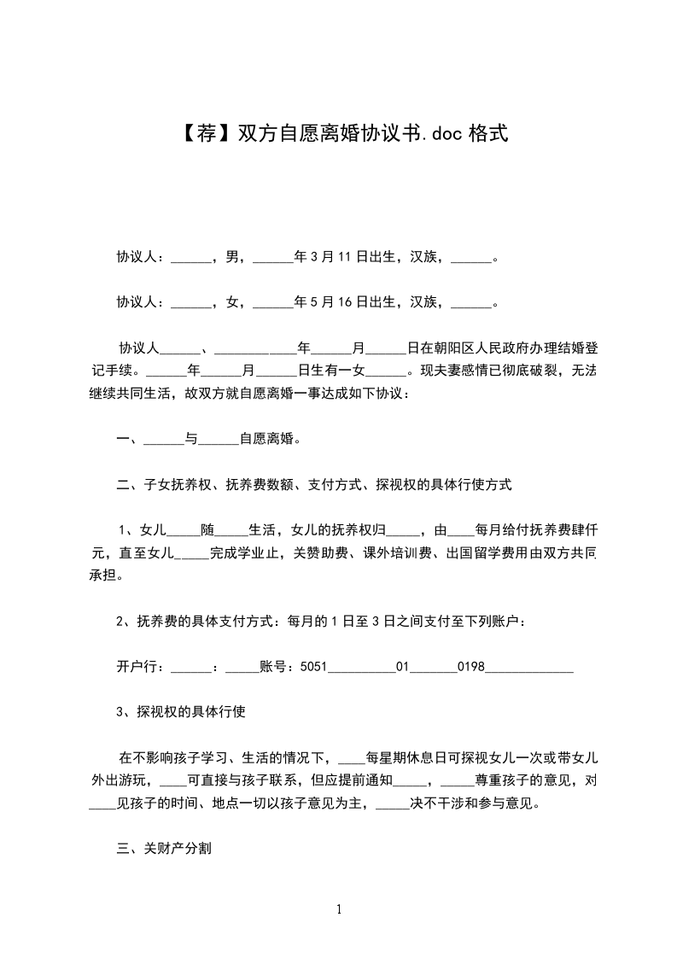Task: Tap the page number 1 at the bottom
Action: (339, 909)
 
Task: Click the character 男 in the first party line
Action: (232, 256)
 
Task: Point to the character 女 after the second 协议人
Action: (232, 302)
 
